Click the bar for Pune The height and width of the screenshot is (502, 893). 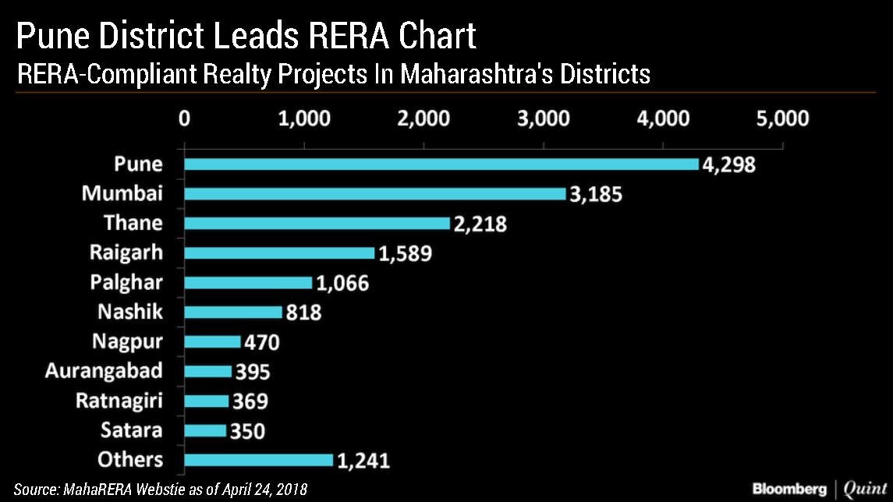click(441, 164)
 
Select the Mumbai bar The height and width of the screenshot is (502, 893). click(374, 193)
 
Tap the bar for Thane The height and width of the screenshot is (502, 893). click(317, 223)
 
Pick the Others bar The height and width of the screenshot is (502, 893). click(258, 460)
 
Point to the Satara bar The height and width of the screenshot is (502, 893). click(204, 430)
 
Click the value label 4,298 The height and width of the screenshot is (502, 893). click(728, 165)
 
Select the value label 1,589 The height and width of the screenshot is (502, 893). click(404, 253)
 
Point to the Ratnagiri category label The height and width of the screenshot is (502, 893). click(119, 401)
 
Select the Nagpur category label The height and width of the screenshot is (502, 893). click(127, 341)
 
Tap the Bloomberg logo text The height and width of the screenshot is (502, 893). click(788, 489)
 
